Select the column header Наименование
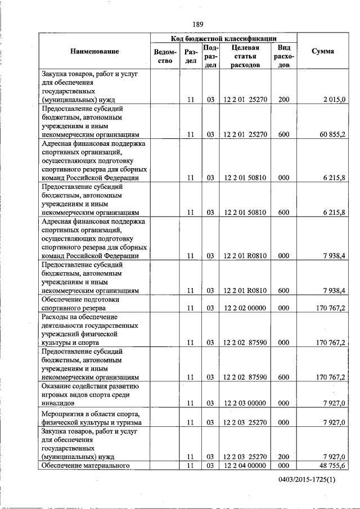tap(94, 52)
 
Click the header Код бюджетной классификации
tap(223, 38)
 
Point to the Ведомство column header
tap(165, 56)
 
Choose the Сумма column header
tap(322, 52)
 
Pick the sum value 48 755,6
tap(332, 465)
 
